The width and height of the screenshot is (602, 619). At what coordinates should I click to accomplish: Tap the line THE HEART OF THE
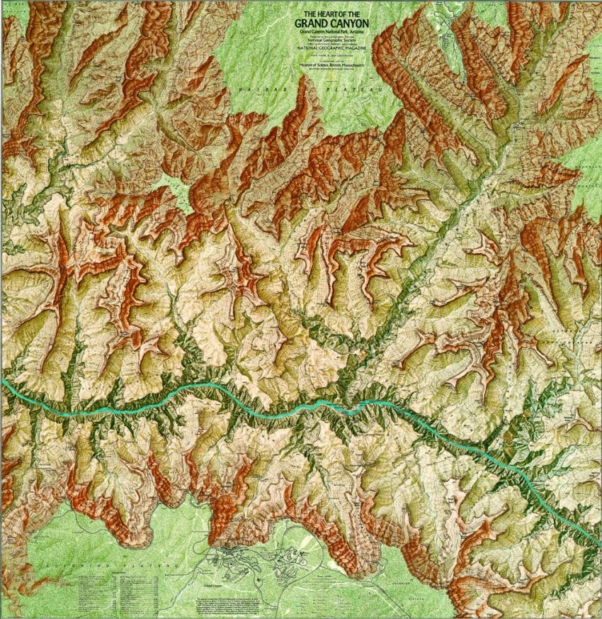click(331, 14)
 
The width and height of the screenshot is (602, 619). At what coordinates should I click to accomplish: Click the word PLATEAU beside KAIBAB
click(342, 89)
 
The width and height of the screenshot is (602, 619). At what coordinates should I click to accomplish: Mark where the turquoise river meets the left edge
click(3, 381)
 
